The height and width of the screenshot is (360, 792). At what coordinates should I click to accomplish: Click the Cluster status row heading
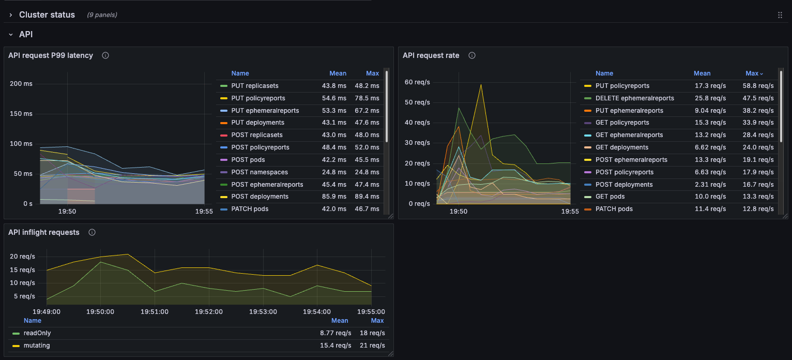point(47,14)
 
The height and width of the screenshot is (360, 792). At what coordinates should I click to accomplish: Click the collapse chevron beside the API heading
point(11,35)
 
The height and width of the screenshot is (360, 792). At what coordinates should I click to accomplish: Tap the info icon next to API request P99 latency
point(105,55)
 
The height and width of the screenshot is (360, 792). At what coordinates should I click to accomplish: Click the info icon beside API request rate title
point(471,55)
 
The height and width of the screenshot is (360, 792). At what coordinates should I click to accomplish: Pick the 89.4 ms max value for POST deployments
point(367,197)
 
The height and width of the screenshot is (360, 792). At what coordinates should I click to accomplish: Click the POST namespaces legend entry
point(260,172)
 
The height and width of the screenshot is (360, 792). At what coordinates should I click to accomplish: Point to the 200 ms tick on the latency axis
point(21,84)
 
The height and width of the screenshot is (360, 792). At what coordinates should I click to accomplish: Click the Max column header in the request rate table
point(754,73)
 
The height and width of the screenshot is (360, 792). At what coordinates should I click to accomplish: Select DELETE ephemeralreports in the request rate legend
point(634,98)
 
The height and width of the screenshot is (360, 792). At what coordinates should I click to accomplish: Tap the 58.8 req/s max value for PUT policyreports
point(759,86)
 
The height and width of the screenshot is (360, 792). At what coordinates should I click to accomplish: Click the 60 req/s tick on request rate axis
point(417,82)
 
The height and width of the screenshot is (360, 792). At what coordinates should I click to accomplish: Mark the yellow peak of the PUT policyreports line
point(481,85)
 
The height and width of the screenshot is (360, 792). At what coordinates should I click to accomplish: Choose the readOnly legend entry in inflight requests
point(37,333)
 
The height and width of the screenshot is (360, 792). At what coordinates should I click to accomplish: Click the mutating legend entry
point(37,346)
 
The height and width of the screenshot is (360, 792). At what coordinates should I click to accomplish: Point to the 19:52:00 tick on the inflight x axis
point(209,312)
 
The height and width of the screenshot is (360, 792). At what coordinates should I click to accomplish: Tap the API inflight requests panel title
point(44,232)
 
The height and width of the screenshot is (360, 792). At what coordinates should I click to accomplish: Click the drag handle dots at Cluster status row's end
point(780,15)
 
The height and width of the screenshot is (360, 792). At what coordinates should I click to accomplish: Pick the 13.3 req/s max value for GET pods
point(759,197)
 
